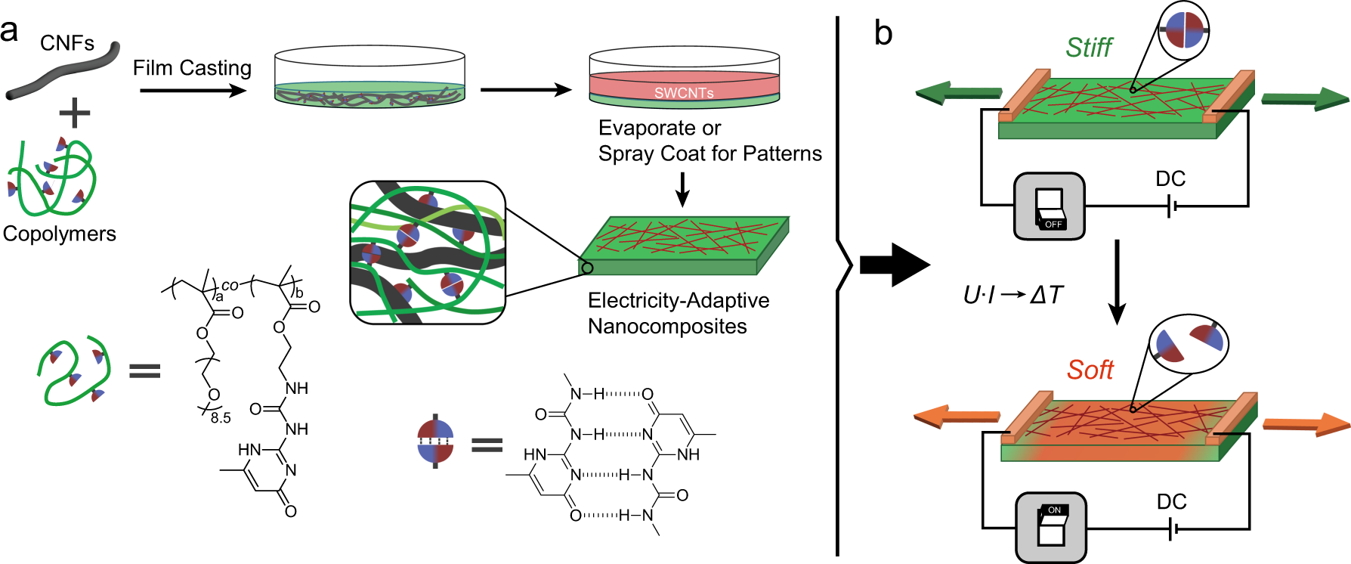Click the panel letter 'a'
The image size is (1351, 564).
(x=10, y=32)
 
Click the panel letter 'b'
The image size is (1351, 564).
(x=883, y=33)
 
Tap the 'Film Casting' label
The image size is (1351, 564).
(x=192, y=68)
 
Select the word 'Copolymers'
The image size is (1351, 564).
(x=59, y=234)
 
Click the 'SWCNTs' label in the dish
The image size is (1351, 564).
(x=683, y=93)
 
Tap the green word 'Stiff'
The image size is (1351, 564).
(x=1088, y=48)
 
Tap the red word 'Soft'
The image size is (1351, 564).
(x=1090, y=370)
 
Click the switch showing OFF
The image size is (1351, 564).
(x=1049, y=206)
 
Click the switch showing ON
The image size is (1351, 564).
(x=1051, y=526)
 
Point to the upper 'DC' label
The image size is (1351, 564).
(x=1170, y=179)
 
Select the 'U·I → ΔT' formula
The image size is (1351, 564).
(x=1012, y=295)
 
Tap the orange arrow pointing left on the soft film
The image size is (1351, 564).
(x=957, y=416)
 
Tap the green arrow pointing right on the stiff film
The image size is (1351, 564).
(x=1304, y=98)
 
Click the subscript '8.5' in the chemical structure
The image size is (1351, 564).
(x=221, y=418)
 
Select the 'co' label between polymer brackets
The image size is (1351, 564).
(x=230, y=286)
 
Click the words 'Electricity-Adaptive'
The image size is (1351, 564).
(x=678, y=301)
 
